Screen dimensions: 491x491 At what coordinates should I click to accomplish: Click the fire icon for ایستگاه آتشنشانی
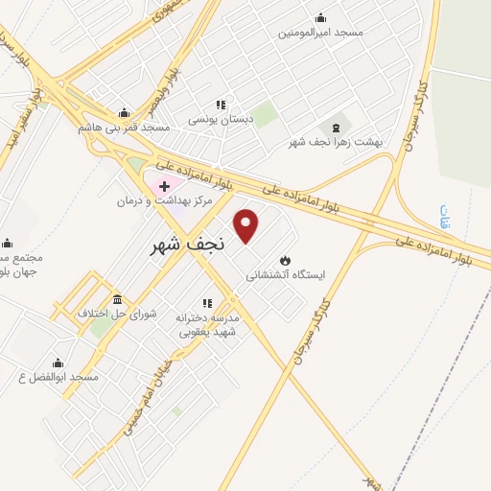pos(285,260)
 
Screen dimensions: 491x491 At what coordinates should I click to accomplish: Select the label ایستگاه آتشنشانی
pos(286,274)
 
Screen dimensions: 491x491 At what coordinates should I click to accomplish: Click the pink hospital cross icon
pos(165,185)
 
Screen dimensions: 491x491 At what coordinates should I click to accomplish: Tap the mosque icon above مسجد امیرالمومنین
pos(320,17)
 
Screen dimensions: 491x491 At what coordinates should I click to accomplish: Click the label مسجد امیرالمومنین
pos(320,33)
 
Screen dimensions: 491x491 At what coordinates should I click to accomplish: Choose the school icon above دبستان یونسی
pos(221,105)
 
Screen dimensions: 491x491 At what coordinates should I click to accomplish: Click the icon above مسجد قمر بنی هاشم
pos(124,112)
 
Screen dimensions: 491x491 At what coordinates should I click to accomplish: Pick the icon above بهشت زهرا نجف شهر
pos(335,127)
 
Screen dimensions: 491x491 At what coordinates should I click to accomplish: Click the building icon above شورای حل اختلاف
pos(117,299)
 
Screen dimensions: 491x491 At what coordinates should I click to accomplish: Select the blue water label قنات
pos(444,212)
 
